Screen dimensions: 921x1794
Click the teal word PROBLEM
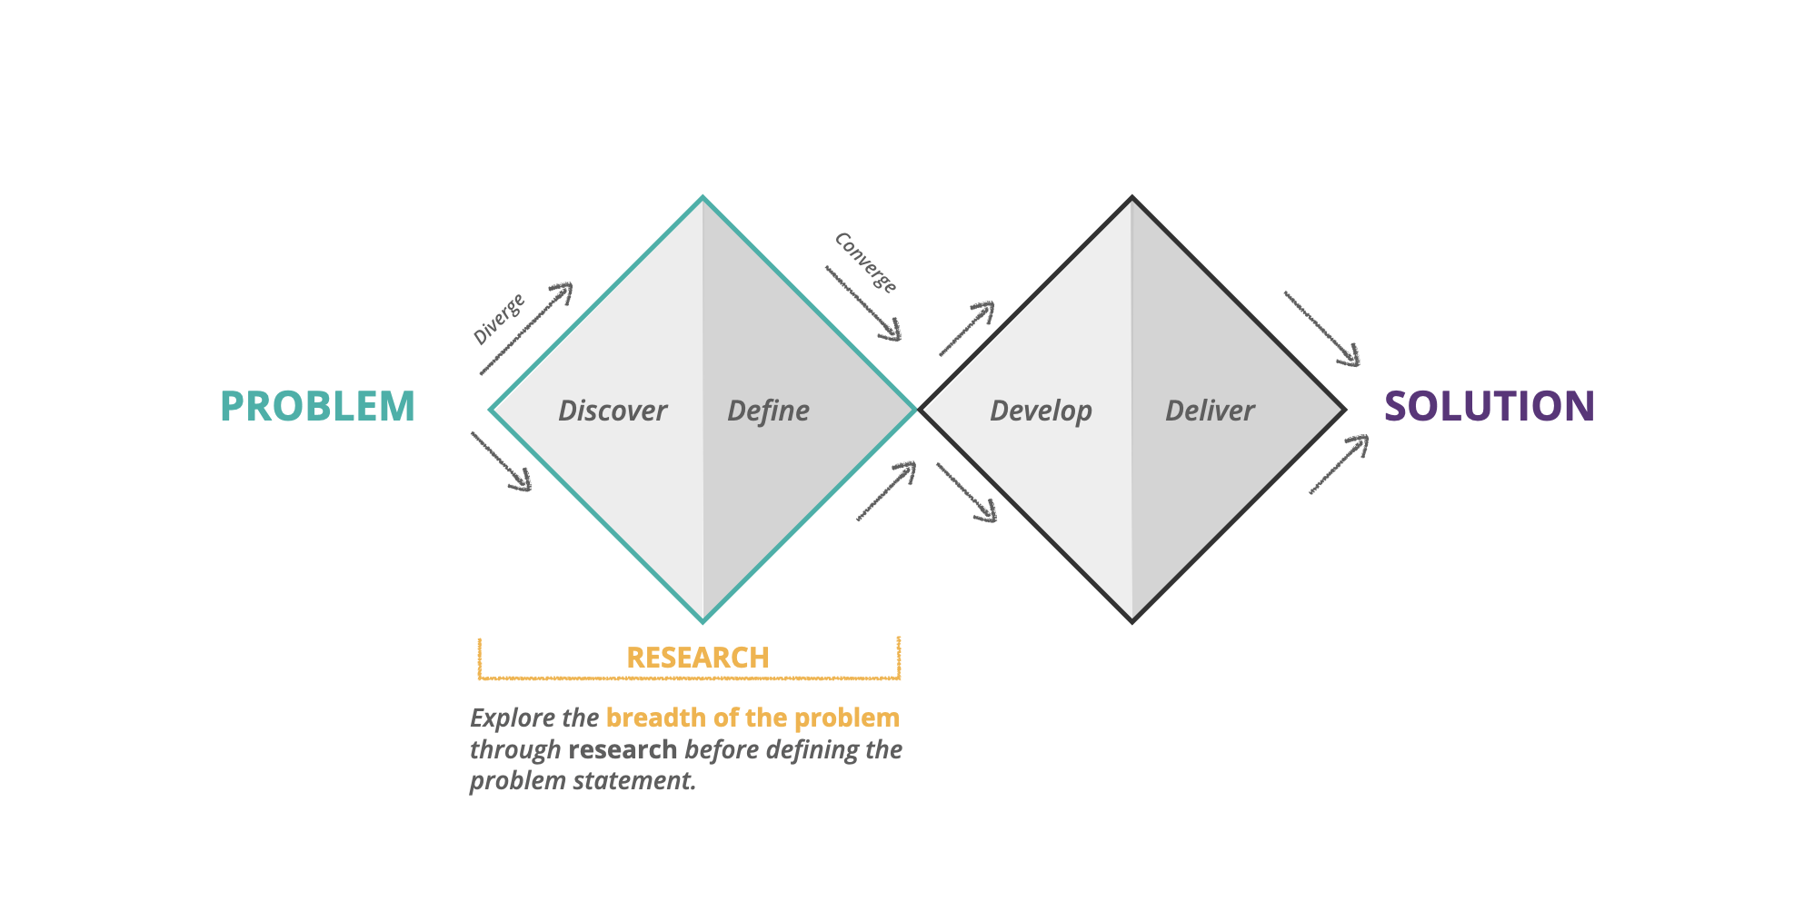317,406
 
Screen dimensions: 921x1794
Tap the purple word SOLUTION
1489,406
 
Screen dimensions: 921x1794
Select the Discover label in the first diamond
613,411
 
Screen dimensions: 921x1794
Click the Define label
768,411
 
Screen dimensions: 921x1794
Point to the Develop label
1041,411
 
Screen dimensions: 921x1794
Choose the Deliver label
1210,411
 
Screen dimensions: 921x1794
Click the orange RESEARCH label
697,658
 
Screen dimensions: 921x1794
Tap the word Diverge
499,319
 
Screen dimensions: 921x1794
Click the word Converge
866,262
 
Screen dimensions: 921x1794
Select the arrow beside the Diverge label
526,328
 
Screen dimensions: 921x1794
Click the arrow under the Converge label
863,303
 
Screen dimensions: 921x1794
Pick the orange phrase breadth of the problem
752,718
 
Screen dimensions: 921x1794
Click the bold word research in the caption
623,749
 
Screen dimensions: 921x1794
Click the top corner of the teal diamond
703,198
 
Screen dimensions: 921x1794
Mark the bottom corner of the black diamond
1132,621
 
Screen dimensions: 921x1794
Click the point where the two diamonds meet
917,410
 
